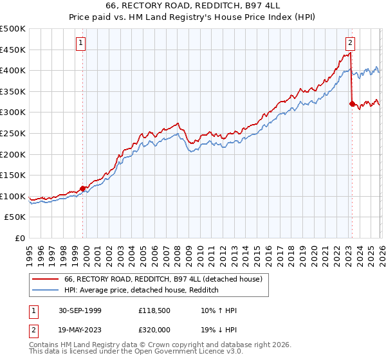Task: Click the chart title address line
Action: point(193,4)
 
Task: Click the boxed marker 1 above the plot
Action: point(81,43)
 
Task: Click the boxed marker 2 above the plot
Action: point(350,43)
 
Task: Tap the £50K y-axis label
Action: point(15,217)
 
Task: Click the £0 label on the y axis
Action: point(21,238)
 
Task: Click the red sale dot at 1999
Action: point(83,188)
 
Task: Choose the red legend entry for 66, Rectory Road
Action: point(163,280)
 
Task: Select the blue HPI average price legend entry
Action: point(142,291)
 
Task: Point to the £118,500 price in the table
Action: point(153,310)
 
